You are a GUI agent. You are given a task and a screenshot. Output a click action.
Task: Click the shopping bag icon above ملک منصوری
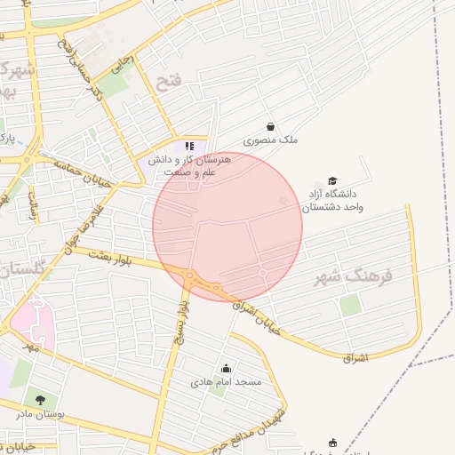[270, 126]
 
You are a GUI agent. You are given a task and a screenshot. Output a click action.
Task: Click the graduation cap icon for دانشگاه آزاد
[332, 180]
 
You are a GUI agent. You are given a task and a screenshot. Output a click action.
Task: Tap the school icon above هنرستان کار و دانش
[188, 146]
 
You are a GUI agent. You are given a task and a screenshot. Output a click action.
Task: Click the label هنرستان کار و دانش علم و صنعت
[197, 164]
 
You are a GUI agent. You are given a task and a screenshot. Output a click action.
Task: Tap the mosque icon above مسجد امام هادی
[226, 369]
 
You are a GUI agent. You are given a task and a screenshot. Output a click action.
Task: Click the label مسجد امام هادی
[226, 382]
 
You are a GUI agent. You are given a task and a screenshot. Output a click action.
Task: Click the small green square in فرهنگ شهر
[350, 306]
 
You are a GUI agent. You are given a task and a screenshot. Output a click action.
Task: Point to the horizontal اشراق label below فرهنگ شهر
[355, 357]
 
